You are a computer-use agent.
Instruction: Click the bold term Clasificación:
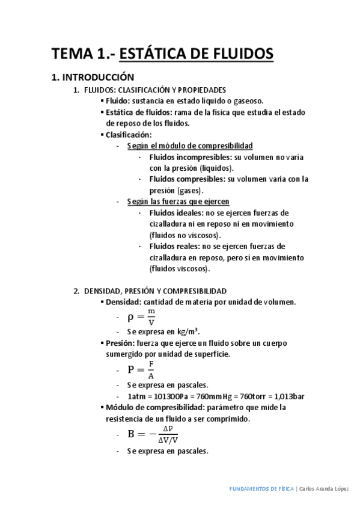tap(129, 134)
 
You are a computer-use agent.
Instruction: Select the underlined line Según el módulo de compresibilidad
tap(190, 146)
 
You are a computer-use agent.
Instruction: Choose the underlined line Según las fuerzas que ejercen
tap(178, 201)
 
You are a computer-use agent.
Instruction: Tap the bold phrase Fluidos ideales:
tap(176, 213)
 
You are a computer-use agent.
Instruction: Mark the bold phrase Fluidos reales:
tap(175, 246)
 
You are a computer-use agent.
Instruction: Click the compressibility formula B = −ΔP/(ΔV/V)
tap(153, 434)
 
